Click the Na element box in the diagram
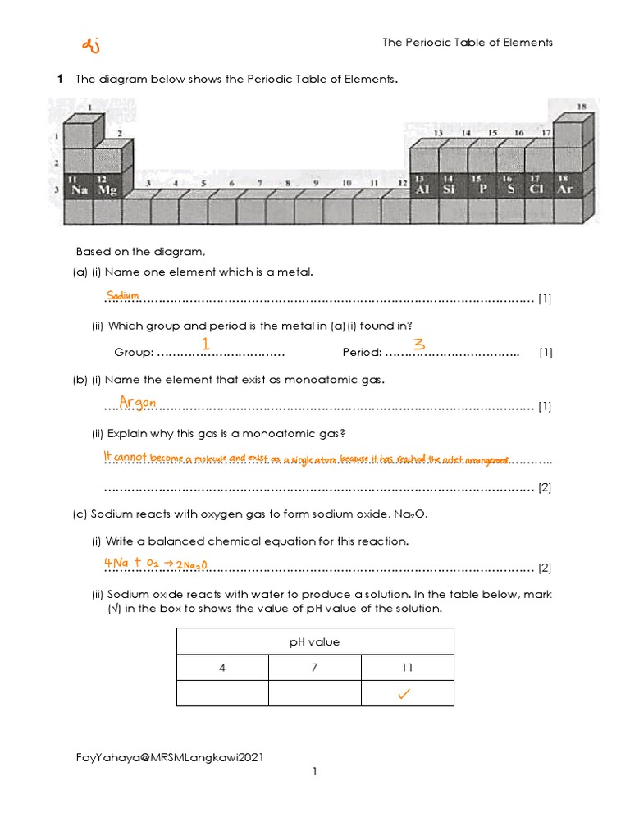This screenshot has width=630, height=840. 79,185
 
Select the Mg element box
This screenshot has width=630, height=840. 107,185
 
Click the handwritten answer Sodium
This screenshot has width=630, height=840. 122,295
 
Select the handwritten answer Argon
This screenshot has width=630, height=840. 138,402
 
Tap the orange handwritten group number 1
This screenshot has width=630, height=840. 206,345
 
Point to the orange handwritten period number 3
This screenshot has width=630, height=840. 418,345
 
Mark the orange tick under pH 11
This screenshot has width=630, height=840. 404,695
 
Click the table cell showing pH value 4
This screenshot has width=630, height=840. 222,668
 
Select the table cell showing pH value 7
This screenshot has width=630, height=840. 314,668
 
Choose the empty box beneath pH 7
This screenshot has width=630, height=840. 314,693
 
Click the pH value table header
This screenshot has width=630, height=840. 314,641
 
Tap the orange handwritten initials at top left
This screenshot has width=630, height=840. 91,48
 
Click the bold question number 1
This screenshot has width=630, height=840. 60,80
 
